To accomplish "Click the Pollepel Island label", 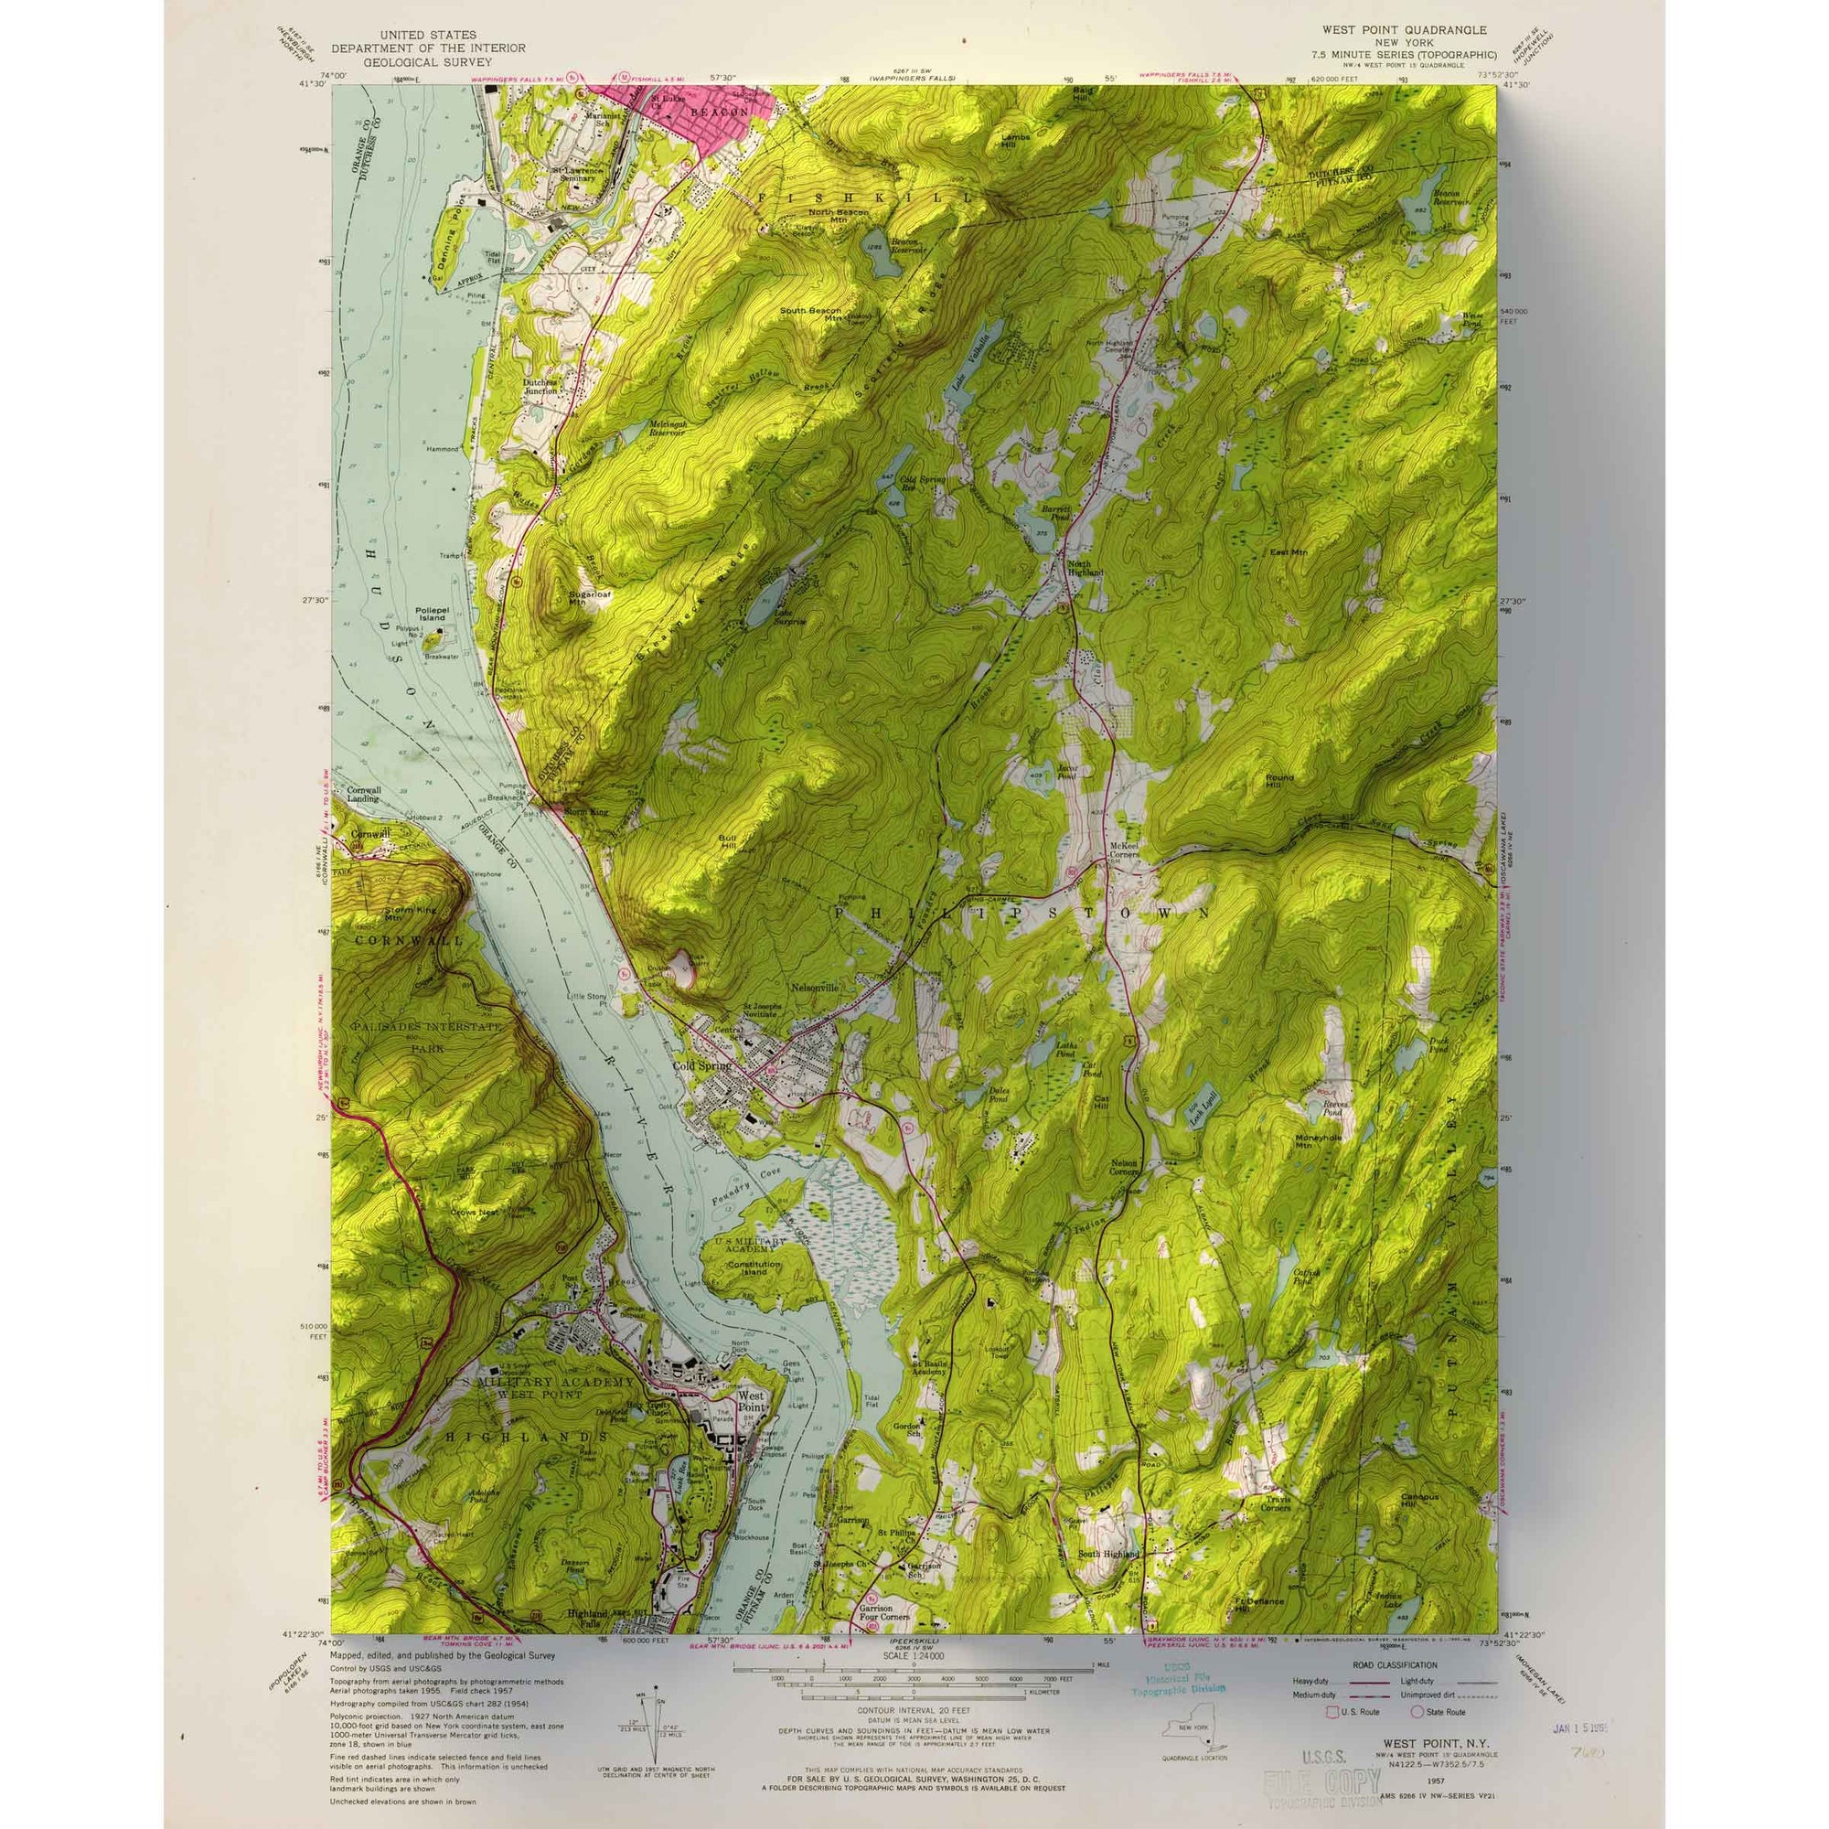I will (x=430, y=615).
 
